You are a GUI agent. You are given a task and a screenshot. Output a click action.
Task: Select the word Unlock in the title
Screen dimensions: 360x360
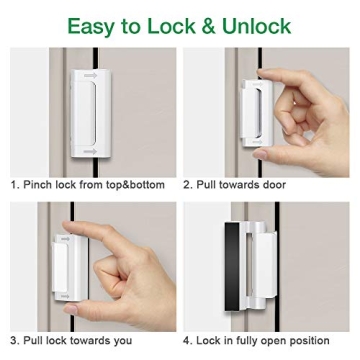(x=258, y=24)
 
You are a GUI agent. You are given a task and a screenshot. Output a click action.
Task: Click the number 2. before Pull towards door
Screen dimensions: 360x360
(x=187, y=185)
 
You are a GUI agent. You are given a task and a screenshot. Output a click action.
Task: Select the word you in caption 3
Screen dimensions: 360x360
(x=121, y=340)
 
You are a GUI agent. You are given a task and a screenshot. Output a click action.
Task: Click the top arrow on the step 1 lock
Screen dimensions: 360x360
(x=91, y=75)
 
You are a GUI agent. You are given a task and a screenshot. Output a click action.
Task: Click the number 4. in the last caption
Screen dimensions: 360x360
(x=187, y=340)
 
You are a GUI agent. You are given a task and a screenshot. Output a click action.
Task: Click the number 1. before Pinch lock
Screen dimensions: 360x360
(x=14, y=185)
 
